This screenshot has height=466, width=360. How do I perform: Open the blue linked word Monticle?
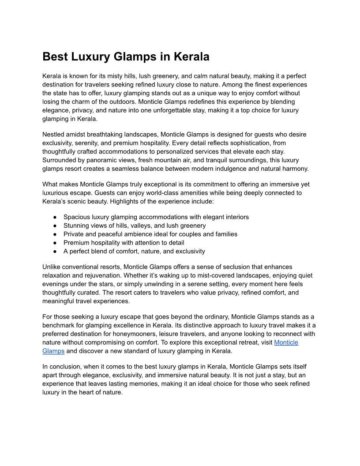[x=286, y=342]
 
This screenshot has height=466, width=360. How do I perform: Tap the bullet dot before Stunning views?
[x=55, y=225]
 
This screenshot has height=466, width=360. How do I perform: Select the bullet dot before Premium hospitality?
[x=55, y=243]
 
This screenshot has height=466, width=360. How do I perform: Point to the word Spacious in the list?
[x=77, y=217]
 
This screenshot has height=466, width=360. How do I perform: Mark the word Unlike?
[x=52, y=267]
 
